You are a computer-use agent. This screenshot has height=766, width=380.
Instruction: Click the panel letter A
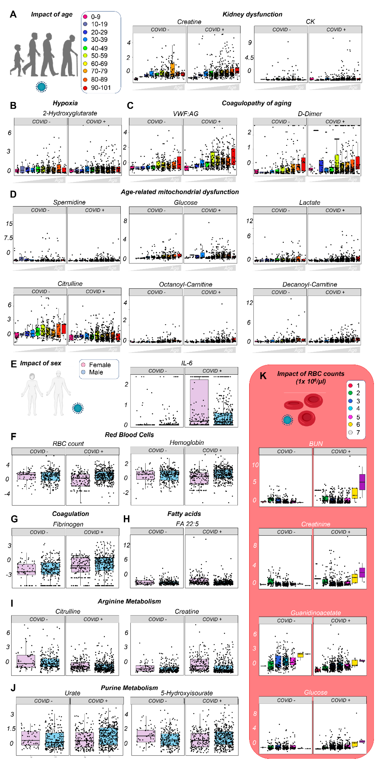pos(13,14)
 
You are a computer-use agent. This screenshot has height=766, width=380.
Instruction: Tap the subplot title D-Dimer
pos(310,114)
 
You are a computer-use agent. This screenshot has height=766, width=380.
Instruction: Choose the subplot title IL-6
pos(187,363)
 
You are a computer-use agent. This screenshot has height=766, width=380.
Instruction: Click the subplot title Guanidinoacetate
pos(315,613)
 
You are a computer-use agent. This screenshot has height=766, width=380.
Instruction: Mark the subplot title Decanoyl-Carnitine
pos(310,284)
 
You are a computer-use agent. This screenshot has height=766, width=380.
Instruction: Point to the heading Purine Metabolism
pos(129,688)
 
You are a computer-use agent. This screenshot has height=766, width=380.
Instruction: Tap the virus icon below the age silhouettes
pos(41,87)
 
